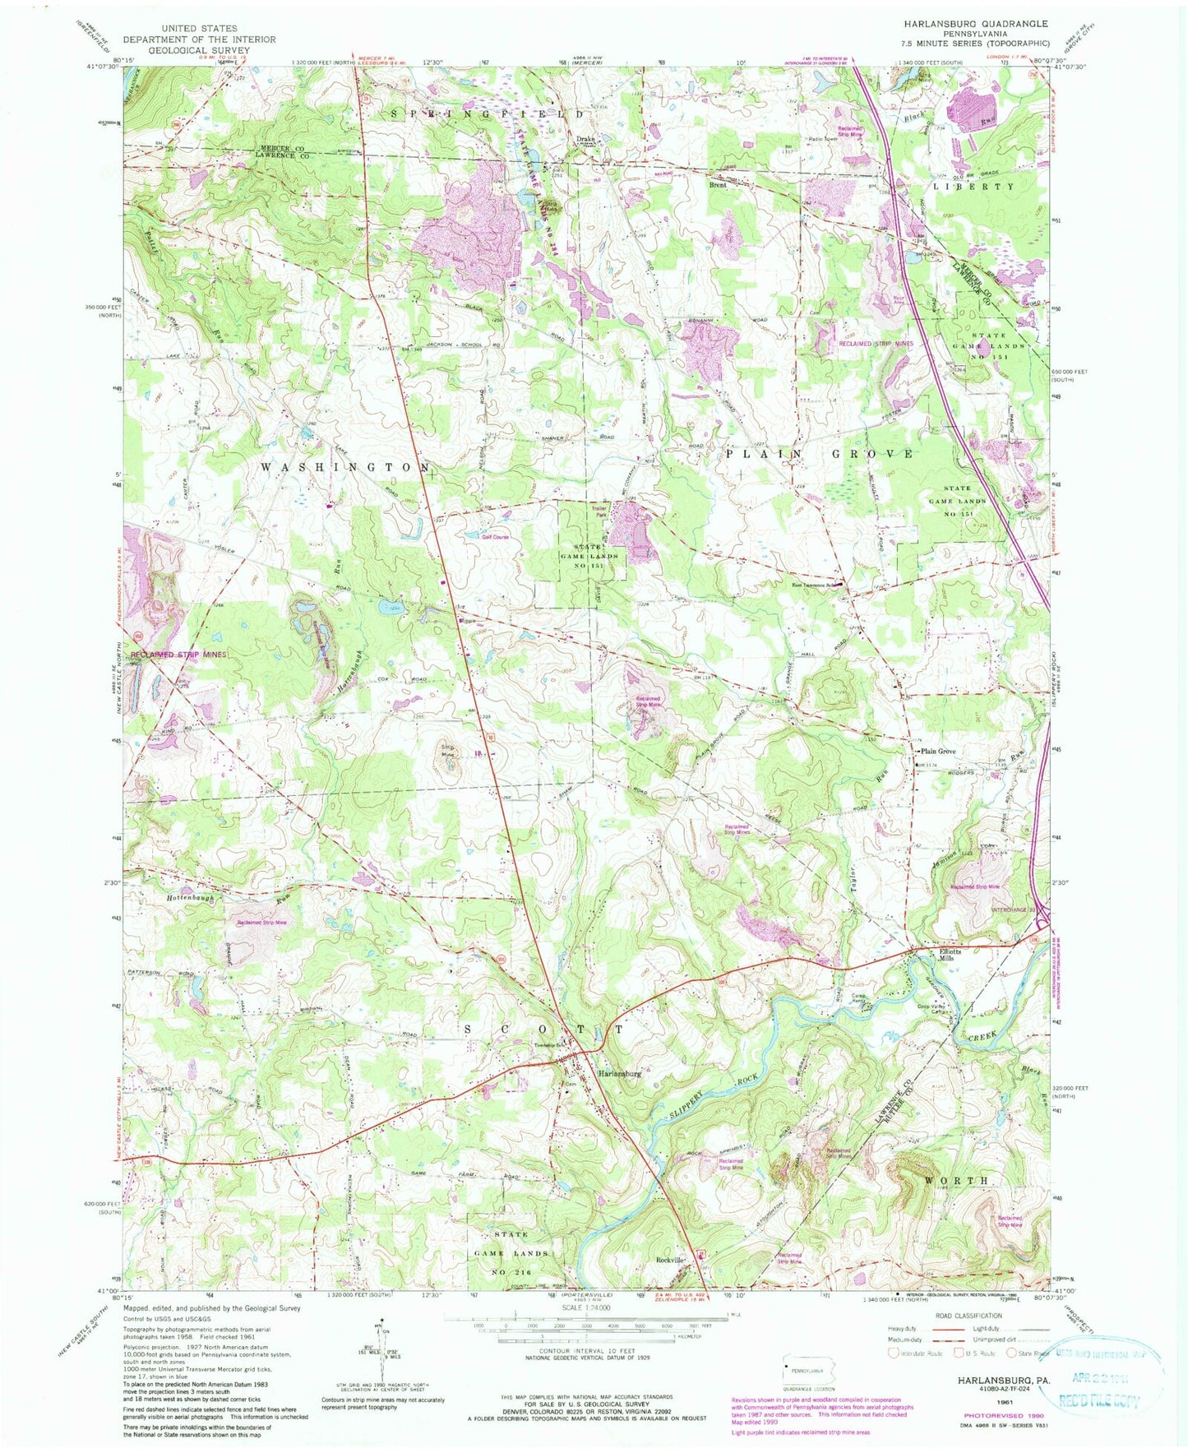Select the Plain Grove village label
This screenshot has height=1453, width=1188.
(x=938, y=752)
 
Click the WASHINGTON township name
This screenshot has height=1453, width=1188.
(x=344, y=466)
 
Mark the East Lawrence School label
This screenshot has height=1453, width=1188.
(x=814, y=585)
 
